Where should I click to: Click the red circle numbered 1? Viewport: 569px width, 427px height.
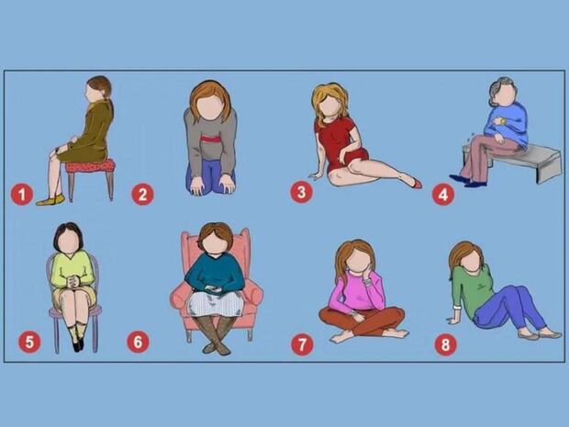[x=22, y=195]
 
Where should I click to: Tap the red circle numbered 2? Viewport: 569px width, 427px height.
[x=142, y=195]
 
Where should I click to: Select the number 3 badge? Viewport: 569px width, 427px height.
[x=301, y=192]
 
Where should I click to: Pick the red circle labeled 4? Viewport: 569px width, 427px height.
[x=442, y=195]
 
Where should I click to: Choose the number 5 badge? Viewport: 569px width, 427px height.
[x=29, y=342]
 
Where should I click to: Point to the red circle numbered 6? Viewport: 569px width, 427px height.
[x=138, y=342]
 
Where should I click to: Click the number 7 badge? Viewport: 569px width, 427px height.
[x=302, y=344]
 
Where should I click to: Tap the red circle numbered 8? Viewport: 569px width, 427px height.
[x=446, y=344]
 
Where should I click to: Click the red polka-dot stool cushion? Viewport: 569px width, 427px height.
[x=90, y=166]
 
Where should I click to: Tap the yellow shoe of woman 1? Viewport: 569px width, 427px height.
[x=50, y=200]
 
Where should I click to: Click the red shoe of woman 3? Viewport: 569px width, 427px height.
[x=417, y=184]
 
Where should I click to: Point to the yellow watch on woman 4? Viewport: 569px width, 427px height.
[x=502, y=120]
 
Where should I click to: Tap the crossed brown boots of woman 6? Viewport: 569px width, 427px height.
[x=217, y=335]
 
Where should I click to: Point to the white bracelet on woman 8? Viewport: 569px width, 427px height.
[x=456, y=309]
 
